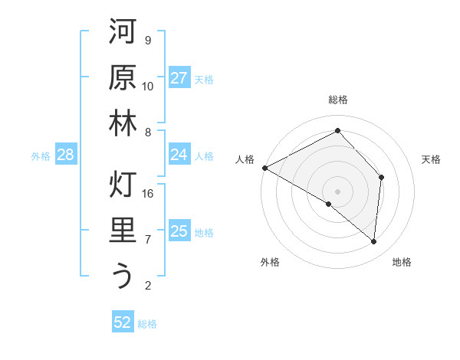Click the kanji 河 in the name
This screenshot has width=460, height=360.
click(123, 34)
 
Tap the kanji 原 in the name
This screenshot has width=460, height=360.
click(123, 79)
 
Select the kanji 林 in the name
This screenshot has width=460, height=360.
click(123, 125)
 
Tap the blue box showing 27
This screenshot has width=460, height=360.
click(179, 78)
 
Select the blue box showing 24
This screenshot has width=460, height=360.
click(179, 155)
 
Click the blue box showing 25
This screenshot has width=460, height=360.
click(179, 231)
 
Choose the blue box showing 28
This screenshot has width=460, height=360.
click(65, 155)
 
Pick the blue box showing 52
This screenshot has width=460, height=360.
click(123, 322)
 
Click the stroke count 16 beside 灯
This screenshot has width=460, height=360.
click(148, 194)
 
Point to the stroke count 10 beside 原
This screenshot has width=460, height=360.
click(148, 87)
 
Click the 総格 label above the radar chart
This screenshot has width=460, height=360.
click(337, 100)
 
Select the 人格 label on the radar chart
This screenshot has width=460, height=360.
click(245, 159)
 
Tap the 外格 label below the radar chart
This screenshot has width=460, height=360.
click(270, 262)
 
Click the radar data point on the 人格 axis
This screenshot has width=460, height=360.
click(264, 167)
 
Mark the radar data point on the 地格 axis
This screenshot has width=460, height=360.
click(374, 241)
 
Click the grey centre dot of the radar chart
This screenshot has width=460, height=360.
click(337, 191)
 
